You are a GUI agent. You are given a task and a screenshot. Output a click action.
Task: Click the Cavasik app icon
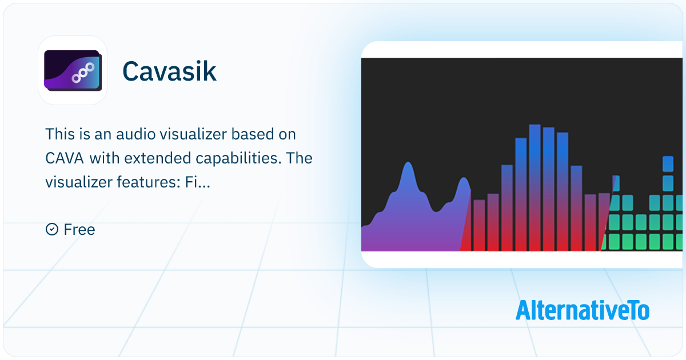[73, 70]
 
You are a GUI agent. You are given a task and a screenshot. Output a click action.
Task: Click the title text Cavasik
[169, 71]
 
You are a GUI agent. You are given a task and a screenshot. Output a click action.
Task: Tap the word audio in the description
[135, 134]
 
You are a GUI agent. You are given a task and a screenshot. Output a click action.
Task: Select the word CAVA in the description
[65, 158]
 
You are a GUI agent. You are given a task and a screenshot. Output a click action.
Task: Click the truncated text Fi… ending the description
[197, 182]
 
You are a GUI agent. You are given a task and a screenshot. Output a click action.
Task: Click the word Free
[79, 229]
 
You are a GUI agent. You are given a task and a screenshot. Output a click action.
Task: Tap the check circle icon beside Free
[52, 229]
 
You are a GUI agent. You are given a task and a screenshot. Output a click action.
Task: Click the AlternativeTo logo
[582, 310]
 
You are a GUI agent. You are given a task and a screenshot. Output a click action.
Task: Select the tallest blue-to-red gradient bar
[535, 187]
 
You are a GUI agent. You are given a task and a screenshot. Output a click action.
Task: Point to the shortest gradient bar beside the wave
[479, 225]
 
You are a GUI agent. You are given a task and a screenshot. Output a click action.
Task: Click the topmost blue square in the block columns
[668, 164]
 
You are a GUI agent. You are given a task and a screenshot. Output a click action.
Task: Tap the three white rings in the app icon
[83, 73]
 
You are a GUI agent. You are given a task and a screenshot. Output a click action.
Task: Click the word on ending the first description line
[287, 134]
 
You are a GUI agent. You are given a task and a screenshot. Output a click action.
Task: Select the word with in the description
[104, 158]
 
